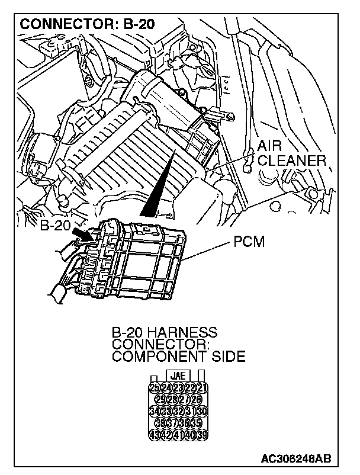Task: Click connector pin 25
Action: pos(155,388)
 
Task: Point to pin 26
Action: pos(196,399)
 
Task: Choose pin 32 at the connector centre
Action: pos(178,410)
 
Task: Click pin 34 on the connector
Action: pos(155,410)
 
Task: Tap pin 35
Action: pos(196,422)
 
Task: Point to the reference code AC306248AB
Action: pos(296,458)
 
